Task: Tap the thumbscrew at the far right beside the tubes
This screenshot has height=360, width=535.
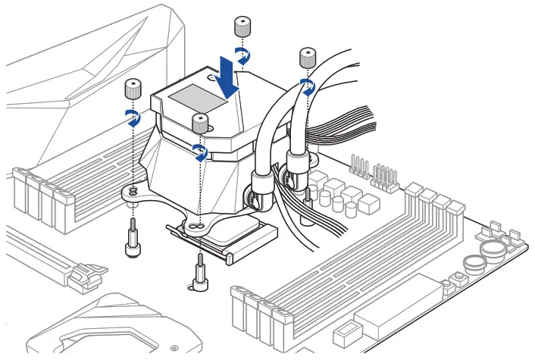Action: pyautogui.click(x=307, y=58)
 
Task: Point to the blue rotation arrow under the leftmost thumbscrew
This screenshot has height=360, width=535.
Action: pyautogui.click(x=133, y=117)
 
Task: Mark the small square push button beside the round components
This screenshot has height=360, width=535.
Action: pyautogui.click(x=460, y=284)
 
